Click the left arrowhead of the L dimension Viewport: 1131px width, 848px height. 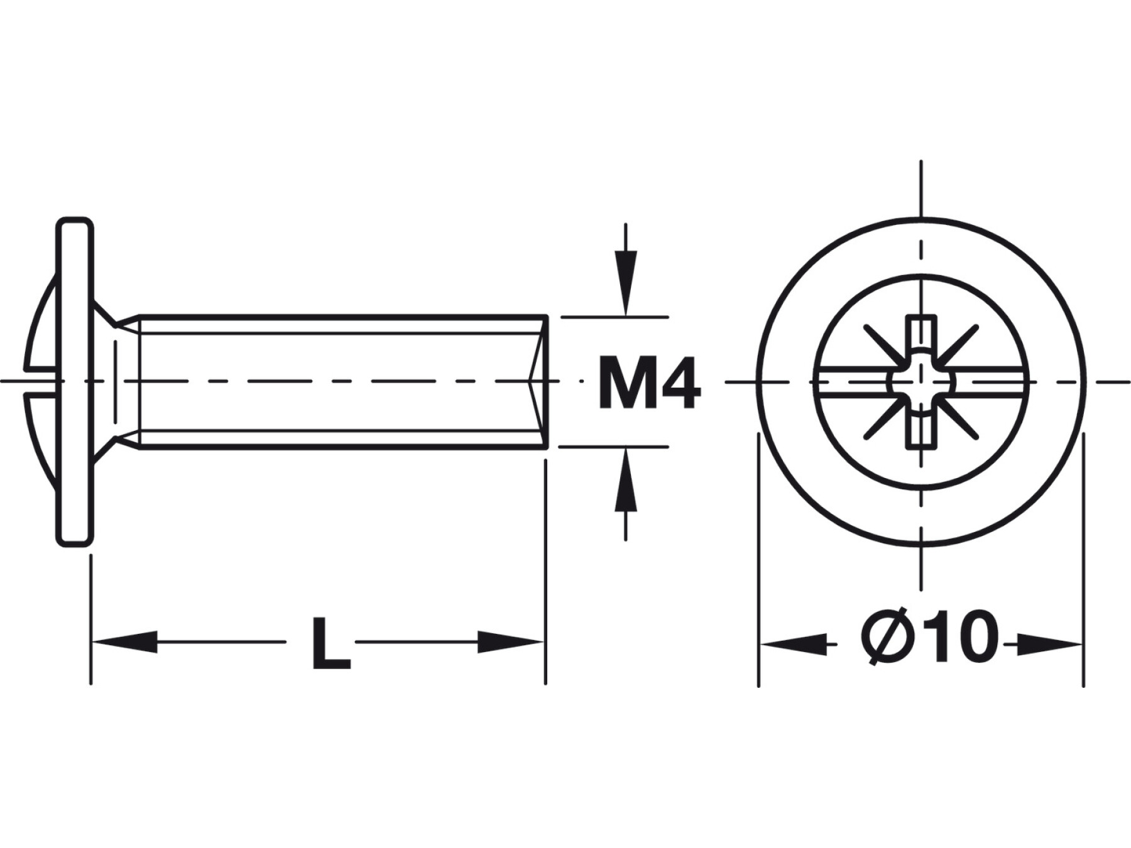(124, 641)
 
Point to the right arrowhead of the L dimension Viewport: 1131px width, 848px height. (510, 641)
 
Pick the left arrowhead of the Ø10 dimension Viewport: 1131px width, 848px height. (792, 644)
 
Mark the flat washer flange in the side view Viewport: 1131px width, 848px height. (75, 382)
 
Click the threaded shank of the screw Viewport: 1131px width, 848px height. (342, 381)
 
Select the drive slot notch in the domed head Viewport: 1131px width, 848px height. (41, 382)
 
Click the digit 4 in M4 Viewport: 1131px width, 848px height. (679, 382)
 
